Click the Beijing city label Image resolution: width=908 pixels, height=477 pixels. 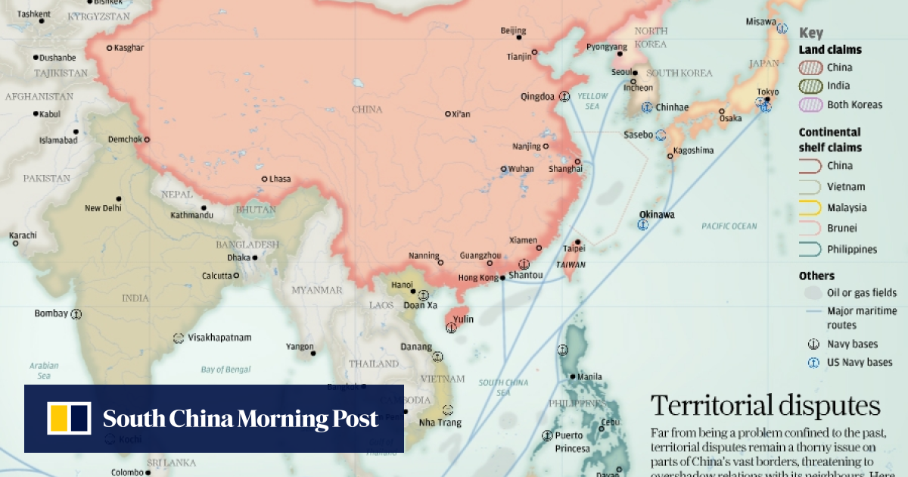click(512, 31)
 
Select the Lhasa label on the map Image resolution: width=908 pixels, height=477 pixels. click(280, 179)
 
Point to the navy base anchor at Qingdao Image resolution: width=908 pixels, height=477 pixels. click(564, 97)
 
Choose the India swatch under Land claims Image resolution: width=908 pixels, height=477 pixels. click(810, 86)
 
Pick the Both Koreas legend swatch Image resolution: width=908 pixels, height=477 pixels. click(810, 104)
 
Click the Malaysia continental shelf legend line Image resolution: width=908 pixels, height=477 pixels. click(810, 207)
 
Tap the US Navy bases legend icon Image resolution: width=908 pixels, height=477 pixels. click(813, 363)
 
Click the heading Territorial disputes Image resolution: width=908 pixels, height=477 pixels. click(765, 406)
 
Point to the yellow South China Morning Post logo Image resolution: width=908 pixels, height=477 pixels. click(69, 418)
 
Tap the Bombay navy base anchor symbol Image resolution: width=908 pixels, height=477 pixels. click(76, 313)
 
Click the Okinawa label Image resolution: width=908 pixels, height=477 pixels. click(656, 214)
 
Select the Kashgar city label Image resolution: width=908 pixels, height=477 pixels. click(129, 48)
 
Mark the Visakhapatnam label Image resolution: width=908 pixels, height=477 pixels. click(219, 338)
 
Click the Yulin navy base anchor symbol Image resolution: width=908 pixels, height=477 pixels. click(452, 328)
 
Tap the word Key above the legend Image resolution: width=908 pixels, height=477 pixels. click(810, 33)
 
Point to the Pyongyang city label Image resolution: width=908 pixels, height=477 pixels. click(607, 47)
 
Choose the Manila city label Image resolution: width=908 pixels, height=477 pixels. click(589, 377)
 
